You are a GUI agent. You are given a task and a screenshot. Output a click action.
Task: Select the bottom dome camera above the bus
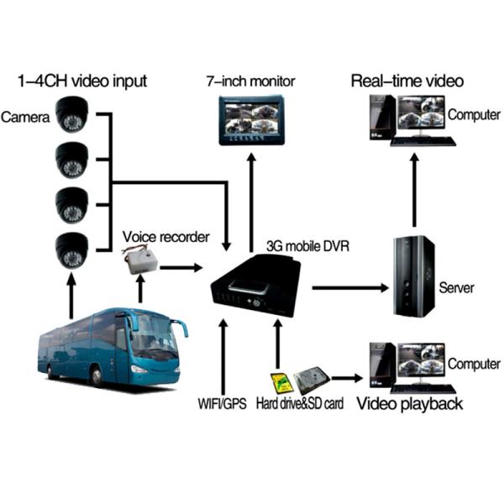point(71,249)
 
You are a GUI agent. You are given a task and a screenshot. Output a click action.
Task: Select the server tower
point(414,276)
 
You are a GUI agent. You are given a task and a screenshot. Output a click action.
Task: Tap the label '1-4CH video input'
point(82,81)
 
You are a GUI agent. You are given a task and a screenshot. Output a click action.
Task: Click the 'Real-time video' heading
point(407,81)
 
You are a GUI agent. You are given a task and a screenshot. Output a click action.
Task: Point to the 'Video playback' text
point(410,405)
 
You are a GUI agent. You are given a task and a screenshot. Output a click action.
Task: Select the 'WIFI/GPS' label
point(223,405)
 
